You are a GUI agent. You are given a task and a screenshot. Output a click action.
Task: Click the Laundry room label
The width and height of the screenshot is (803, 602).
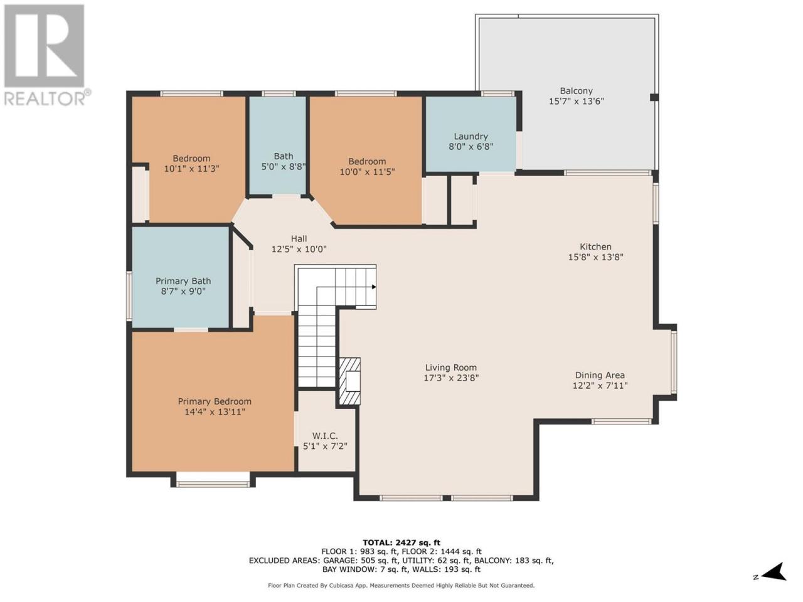coord(471,136)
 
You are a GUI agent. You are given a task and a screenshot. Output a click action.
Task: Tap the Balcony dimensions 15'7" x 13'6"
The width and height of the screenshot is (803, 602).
coord(576,101)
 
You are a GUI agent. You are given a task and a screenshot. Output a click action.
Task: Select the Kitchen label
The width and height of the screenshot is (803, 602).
coord(595,246)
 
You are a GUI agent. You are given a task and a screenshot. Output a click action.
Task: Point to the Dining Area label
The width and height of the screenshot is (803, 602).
coord(600,375)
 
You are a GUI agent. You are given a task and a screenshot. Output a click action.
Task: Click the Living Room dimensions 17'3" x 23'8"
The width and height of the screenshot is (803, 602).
coord(451,378)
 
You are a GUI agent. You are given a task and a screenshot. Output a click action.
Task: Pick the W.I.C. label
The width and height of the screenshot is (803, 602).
coord(325,436)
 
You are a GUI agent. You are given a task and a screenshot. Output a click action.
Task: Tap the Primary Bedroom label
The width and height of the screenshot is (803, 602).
coord(215,401)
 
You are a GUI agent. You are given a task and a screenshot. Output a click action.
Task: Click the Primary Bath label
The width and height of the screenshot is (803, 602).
coord(183,281)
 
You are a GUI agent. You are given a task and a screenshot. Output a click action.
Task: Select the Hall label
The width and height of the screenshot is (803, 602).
coord(299,239)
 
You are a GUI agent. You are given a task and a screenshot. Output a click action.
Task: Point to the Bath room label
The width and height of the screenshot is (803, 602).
coord(284,156)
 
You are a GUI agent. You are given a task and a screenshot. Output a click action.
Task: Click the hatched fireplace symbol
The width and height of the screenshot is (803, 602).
coord(349,381)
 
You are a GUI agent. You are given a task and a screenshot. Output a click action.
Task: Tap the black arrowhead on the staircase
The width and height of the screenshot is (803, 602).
coord(374,287)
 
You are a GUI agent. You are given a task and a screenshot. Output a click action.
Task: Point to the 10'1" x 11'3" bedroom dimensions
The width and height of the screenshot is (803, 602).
coord(192,169)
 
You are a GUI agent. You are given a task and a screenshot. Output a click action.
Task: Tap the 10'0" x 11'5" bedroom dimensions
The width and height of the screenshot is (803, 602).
coord(367,172)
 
